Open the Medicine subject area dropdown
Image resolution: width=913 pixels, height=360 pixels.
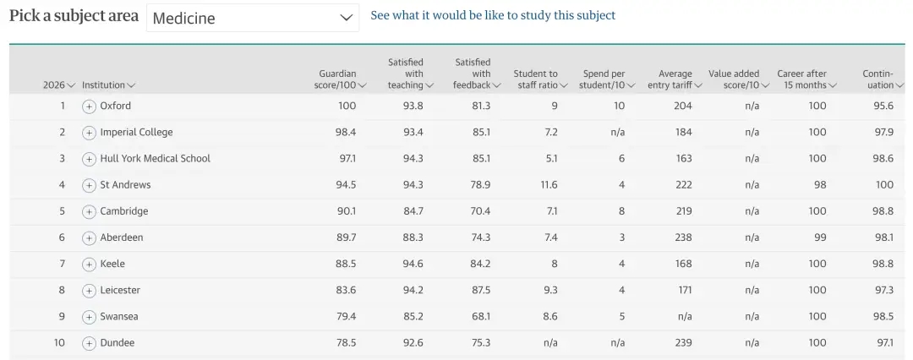252,18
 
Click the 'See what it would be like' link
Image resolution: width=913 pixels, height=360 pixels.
493,15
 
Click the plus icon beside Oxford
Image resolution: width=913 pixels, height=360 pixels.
89,106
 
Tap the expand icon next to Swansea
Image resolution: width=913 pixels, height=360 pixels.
89,317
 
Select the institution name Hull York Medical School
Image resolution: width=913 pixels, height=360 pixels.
155,158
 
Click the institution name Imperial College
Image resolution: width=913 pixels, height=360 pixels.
136,132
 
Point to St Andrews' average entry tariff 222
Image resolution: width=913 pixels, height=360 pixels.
683,185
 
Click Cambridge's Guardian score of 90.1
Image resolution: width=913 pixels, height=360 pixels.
347,211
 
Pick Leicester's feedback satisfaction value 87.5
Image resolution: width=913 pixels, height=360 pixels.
481,290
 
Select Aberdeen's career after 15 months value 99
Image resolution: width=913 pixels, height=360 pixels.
817,237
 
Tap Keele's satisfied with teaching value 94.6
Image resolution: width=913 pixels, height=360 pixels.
413,264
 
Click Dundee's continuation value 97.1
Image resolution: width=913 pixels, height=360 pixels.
884,343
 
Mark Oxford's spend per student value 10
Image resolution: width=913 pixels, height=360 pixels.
619,106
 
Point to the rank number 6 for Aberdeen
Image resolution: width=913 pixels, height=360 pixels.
62,237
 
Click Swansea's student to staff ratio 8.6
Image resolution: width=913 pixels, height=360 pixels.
549,316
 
